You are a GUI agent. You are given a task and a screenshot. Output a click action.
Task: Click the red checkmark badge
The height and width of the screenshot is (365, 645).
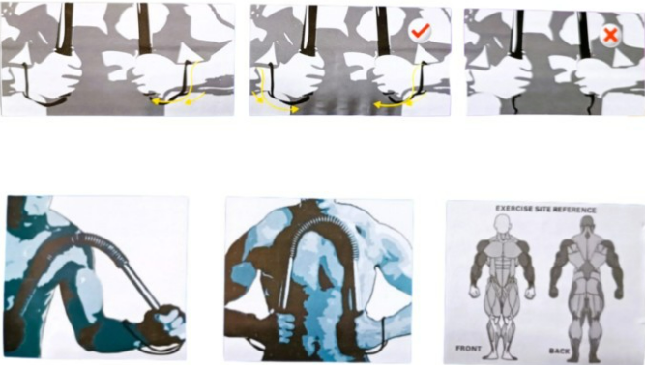pos(420,31)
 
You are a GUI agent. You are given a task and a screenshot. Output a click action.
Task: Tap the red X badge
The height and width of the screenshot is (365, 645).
pos(610,35)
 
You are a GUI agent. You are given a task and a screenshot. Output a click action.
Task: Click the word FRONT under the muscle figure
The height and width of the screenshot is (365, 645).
pos(468,349)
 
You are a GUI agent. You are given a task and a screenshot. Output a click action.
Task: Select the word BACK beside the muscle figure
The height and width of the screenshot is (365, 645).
pos(560,351)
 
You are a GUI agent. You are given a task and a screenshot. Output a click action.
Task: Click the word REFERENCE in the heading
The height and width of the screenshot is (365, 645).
pos(574,210)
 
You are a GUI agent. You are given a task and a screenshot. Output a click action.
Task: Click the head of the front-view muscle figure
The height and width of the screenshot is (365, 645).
pos(502,225)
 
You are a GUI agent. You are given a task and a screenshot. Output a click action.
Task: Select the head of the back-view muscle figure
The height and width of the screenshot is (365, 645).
pos(586,225)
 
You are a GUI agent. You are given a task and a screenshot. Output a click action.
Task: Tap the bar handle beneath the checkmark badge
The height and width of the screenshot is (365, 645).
pos(383,31)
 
